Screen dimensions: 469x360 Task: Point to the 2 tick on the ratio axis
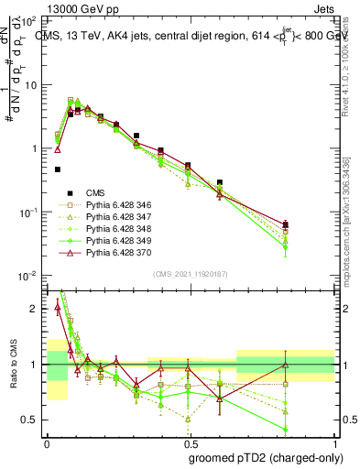[36, 309]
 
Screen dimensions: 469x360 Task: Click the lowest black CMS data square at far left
[58, 169]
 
